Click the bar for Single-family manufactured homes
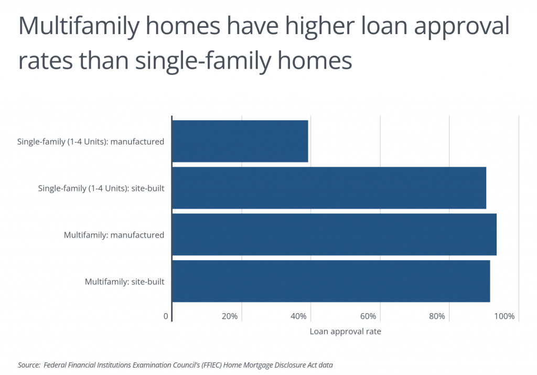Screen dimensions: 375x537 tap(240, 141)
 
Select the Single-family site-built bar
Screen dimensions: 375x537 tap(329, 188)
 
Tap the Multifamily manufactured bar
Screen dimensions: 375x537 tap(334, 234)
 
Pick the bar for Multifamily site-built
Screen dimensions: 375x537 tap(331, 281)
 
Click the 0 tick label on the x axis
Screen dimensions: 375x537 tap(166, 317)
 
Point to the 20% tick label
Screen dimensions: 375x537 tap(230, 317)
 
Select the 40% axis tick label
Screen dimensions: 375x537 tap(299, 317)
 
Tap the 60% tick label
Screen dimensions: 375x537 tap(368, 317)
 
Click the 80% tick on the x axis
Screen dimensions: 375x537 tap(437, 317)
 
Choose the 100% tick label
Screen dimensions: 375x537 tap(504, 317)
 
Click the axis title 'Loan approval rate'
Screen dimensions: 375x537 tap(345, 331)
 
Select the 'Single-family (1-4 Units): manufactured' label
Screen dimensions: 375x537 tap(91, 142)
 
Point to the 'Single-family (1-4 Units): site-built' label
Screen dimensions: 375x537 tap(101, 188)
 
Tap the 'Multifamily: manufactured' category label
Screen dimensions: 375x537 tap(114, 235)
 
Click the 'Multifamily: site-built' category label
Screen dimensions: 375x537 tap(124, 282)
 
